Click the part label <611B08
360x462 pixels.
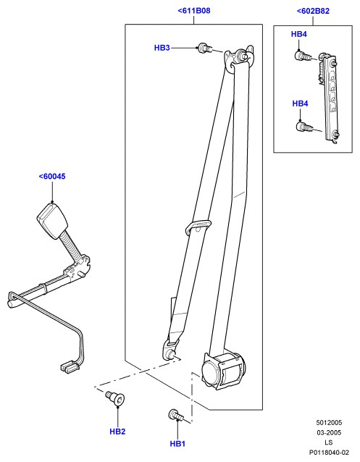coord(194,11)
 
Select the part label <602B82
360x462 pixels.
coord(313,11)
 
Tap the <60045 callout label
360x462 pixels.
coord(52,177)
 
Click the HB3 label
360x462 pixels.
coord(162,48)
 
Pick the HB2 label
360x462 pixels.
coord(117,432)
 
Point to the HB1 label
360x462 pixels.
coord(177,444)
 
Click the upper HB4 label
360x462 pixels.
coord(299,34)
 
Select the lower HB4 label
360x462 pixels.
coord(300,104)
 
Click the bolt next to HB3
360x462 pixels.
coord(204,48)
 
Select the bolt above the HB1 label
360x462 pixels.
coord(176,415)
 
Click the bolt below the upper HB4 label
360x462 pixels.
coord(302,56)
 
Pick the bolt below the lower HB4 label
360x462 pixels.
coord(304,127)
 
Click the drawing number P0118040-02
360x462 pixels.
coord(329,453)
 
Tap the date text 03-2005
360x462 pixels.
coord(329,432)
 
